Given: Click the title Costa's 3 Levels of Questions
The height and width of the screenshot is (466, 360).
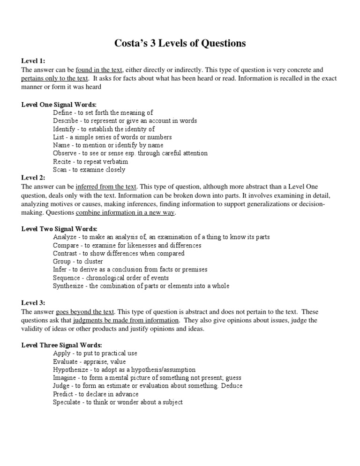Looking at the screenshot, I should (180, 43).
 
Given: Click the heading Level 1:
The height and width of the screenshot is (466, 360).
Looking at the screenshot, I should (33, 61).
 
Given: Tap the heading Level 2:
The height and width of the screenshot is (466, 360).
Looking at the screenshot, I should (33, 178).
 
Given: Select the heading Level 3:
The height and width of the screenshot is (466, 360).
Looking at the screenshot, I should (33, 303).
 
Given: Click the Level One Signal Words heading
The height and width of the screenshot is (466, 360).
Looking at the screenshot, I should (59, 104).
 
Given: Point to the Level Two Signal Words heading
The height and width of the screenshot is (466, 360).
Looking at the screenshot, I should (60, 229).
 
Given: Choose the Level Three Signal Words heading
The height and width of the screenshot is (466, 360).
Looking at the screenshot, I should (61, 345).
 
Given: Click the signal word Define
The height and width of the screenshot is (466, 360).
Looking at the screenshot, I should (63, 113).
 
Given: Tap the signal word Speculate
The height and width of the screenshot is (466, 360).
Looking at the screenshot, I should (67, 402).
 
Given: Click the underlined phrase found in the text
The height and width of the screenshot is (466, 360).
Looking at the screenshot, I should (99, 69).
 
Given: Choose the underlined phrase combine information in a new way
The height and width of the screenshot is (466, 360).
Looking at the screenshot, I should (125, 212).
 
